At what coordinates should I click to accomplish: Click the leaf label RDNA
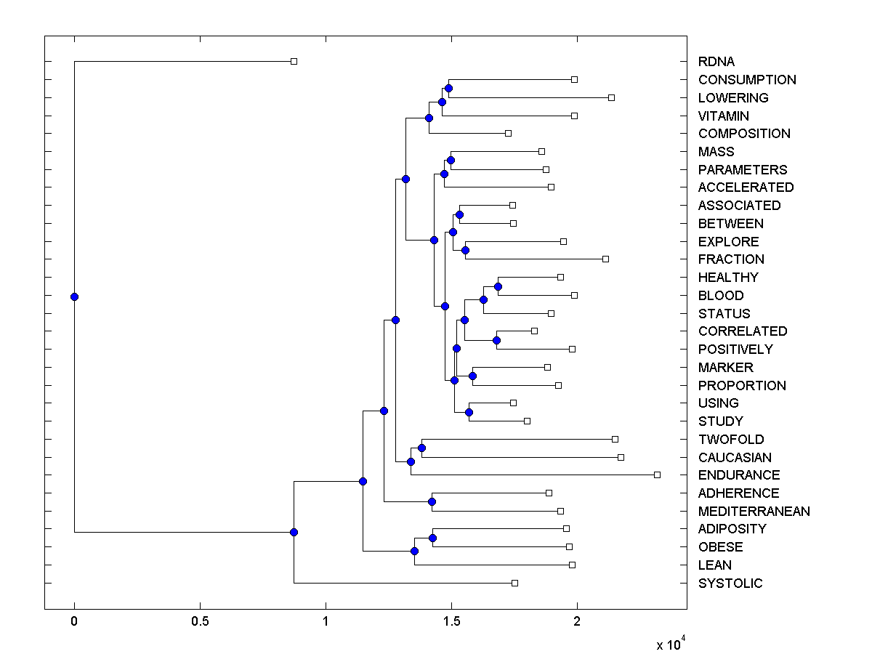click(x=716, y=62)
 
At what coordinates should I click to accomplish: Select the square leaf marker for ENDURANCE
click(x=657, y=475)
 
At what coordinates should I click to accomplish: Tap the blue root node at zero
click(x=74, y=296)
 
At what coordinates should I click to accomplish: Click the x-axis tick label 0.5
click(x=200, y=621)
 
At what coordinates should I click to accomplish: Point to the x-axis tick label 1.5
click(x=451, y=621)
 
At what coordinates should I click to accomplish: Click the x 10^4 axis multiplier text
click(x=671, y=645)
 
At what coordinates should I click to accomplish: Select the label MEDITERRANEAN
click(x=754, y=511)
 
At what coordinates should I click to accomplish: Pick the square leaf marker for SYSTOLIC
click(x=514, y=583)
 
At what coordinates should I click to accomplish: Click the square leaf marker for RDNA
click(x=294, y=62)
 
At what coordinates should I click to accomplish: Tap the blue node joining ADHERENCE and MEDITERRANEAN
click(x=432, y=501)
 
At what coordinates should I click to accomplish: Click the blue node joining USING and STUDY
click(x=469, y=412)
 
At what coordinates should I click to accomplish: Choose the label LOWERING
click(x=732, y=97)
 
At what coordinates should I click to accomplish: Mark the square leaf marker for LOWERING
click(x=611, y=97)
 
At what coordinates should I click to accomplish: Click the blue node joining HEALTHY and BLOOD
click(x=498, y=286)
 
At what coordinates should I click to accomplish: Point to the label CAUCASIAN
click(x=735, y=457)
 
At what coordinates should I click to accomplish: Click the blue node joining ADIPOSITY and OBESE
click(x=432, y=538)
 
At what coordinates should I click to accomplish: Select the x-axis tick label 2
click(x=577, y=621)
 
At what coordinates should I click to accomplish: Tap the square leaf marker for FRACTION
click(x=605, y=259)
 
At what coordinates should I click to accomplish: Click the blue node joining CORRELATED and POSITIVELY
click(x=496, y=340)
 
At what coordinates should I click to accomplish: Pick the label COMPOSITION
click(x=744, y=134)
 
